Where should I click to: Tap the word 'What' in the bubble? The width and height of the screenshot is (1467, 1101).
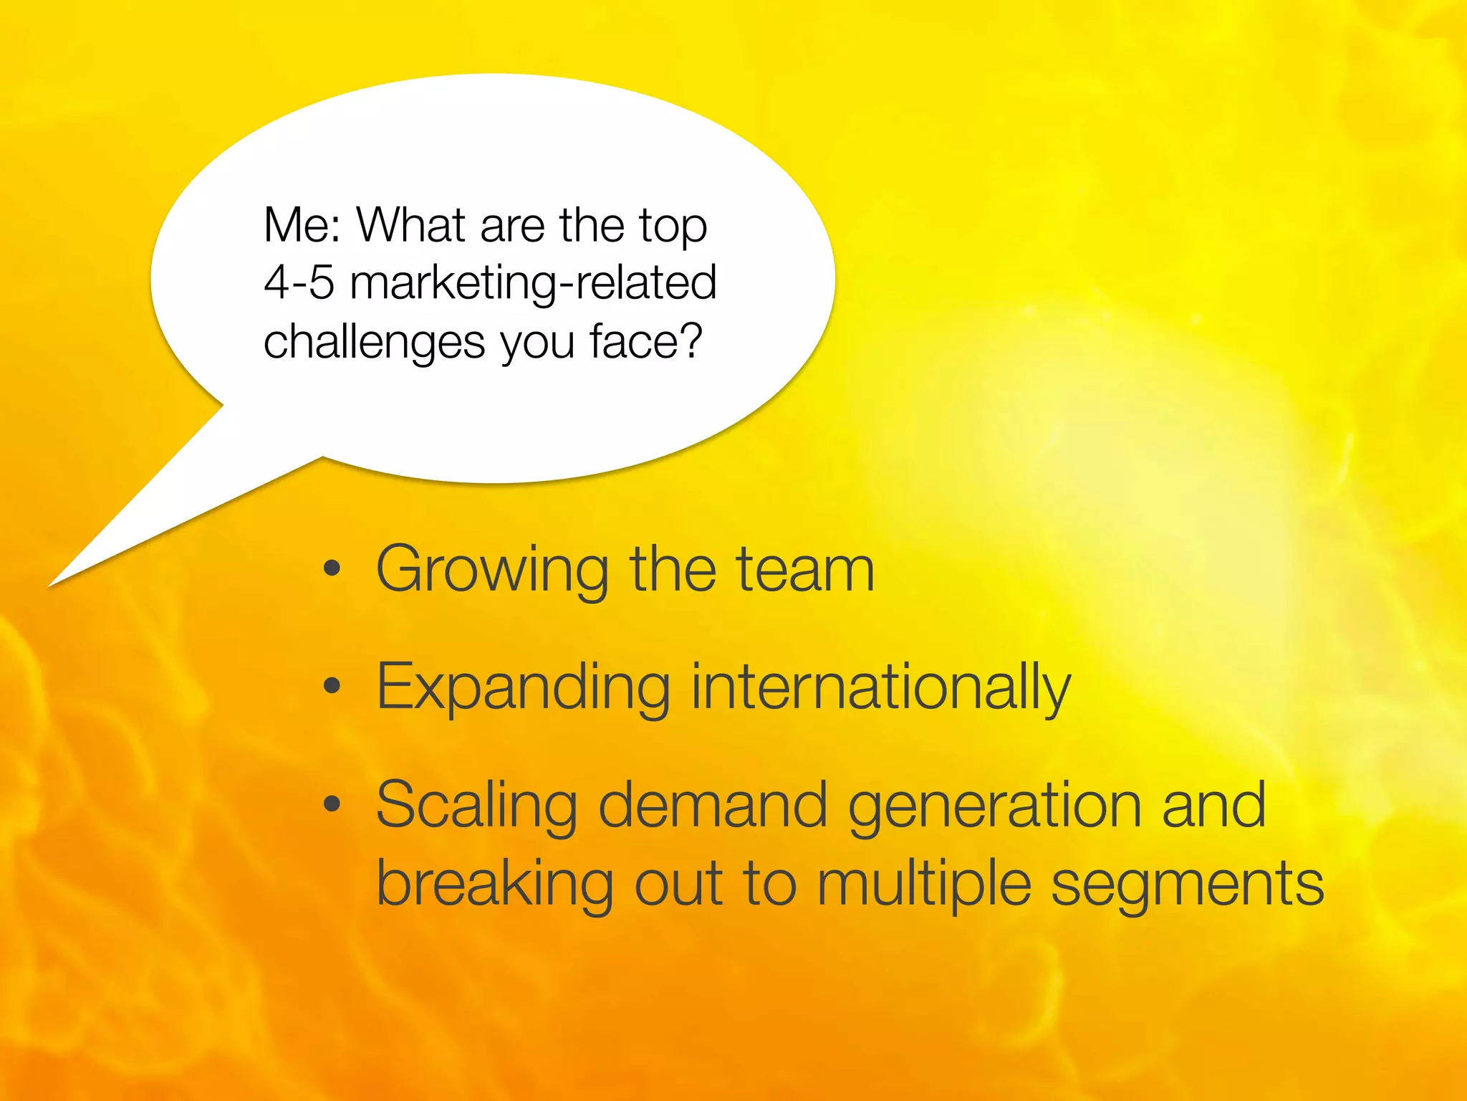[411, 225]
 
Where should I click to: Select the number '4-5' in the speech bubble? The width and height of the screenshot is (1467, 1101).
[299, 282]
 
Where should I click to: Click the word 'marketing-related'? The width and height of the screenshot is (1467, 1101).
[533, 284]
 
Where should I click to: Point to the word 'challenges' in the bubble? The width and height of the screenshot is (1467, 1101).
[375, 342]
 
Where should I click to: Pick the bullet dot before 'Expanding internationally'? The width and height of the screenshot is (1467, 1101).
[331, 686]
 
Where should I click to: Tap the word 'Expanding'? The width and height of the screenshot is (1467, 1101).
[523, 688]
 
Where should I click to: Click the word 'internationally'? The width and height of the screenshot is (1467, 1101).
[880, 688]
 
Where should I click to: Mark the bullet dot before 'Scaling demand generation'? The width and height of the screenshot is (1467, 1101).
[331, 804]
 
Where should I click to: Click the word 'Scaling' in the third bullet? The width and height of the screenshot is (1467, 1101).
[476, 806]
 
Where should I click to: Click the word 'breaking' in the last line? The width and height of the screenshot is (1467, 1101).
[494, 885]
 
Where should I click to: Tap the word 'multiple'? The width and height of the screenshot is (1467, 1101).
[924, 885]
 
